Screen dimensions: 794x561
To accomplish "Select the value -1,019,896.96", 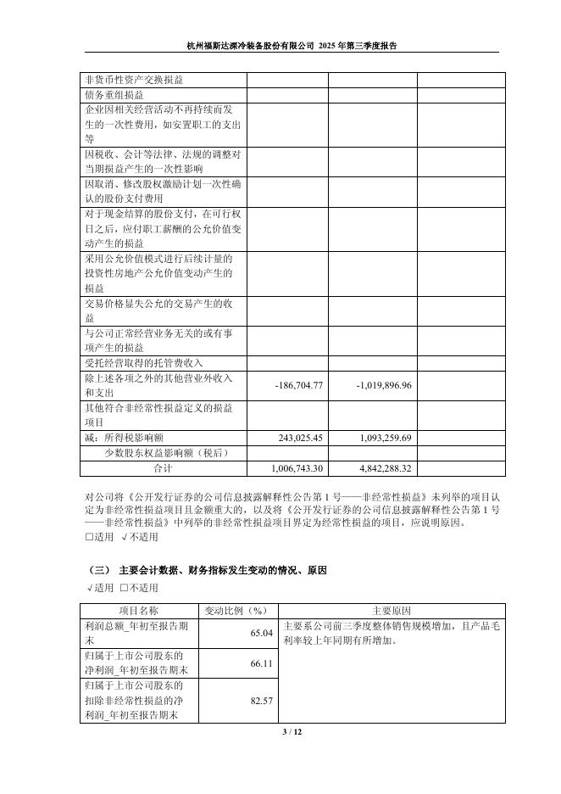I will (380, 385).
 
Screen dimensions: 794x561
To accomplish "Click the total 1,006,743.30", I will (297, 467).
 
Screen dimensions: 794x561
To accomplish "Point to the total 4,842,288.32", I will (380, 467).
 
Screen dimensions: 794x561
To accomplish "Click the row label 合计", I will (162, 467).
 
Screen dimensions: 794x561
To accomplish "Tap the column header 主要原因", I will (392, 610).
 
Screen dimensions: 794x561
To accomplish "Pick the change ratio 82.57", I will (262, 700).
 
